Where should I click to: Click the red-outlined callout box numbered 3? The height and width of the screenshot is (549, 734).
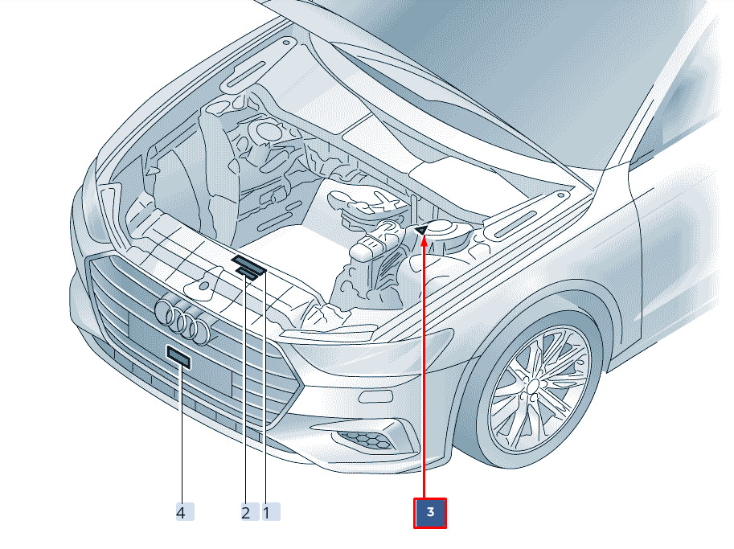(x=430, y=513)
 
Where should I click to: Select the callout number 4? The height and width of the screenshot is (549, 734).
(x=184, y=512)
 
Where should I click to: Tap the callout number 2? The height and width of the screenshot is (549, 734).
(x=245, y=512)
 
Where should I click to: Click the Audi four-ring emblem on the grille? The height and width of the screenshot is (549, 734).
(x=184, y=321)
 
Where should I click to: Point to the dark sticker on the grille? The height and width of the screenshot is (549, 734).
(x=178, y=357)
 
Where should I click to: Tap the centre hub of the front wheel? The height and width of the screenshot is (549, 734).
(x=532, y=386)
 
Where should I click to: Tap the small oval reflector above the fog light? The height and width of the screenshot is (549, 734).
(x=375, y=396)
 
